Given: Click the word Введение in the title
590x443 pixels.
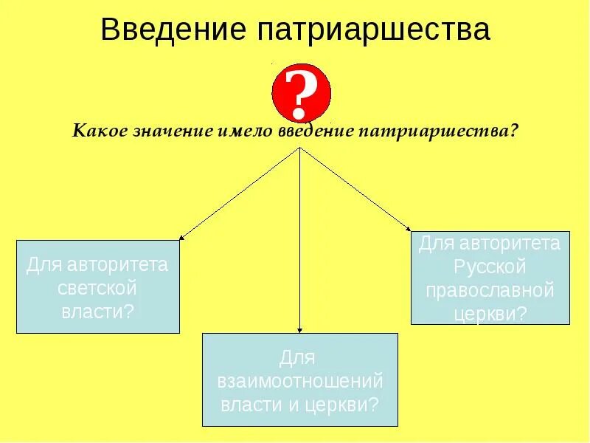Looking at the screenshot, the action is (x=173, y=30).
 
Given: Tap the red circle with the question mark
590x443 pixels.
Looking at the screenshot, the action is (x=301, y=94).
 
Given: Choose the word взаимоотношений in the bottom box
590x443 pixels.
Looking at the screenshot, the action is (x=300, y=382).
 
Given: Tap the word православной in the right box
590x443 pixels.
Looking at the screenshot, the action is (x=490, y=289).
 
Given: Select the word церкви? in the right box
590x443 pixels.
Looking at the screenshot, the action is (x=490, y=312).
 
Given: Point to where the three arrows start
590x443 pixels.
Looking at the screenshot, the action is (x=299, y=148).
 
